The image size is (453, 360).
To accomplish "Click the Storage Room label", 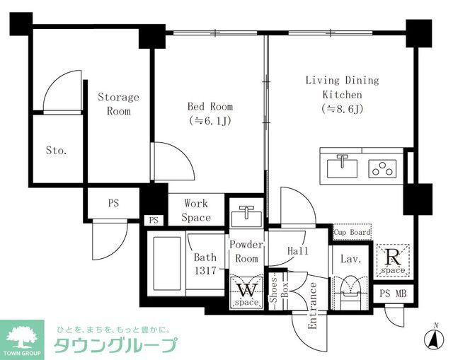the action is pos(118,104).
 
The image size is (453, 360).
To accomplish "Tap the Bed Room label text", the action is pos(210,107).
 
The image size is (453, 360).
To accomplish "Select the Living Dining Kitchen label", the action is pos(343,87).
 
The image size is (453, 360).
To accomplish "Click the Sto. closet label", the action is pos(57,151).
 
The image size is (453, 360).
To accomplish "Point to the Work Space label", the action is pos(196,211).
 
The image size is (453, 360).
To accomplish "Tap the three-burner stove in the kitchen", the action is pos(382,168).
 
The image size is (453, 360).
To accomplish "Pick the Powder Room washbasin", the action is pos(246,216).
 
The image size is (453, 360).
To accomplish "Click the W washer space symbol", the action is pos(247,294).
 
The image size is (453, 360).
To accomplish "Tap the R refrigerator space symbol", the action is pos(393,261).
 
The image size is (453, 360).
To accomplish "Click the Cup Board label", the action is pos(352,232).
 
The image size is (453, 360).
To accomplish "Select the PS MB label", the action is pos(393,294).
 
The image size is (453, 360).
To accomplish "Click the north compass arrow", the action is pos(434,338).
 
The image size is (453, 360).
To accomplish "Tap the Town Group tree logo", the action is pos(22,337).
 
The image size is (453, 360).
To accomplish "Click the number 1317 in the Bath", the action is pos(205,270).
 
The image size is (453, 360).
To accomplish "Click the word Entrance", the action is pos(312,306).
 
